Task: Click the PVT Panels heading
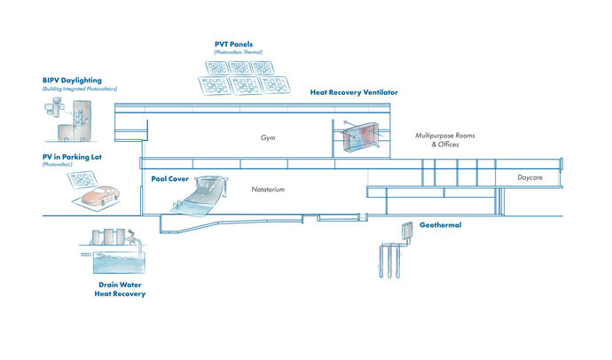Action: (x=235, y=44)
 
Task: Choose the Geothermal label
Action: (x=441, y=225)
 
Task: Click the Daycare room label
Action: (x=530, y=178)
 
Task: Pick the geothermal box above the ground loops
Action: (x=407, y=228)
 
